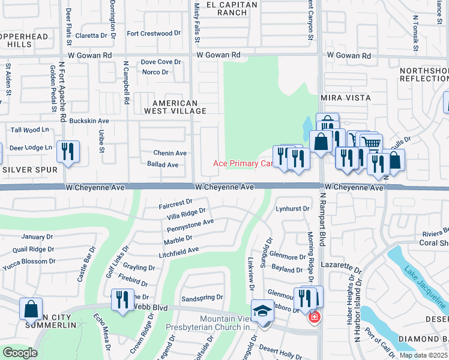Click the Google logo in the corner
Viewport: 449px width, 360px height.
(20, 353)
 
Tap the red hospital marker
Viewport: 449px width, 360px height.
(313, 317)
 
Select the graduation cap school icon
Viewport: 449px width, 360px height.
(262, 311)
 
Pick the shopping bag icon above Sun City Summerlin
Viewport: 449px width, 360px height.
(31, 309)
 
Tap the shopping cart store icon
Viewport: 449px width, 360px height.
(372, 143)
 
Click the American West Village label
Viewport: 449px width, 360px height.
(175, 107)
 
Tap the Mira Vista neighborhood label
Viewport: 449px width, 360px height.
(345, 97)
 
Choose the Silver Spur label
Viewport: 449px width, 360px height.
(29, 170)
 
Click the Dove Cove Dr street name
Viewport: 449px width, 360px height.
(160, 62)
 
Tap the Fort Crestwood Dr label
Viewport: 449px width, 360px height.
(149, 34)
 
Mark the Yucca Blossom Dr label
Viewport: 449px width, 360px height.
(29, 262)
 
